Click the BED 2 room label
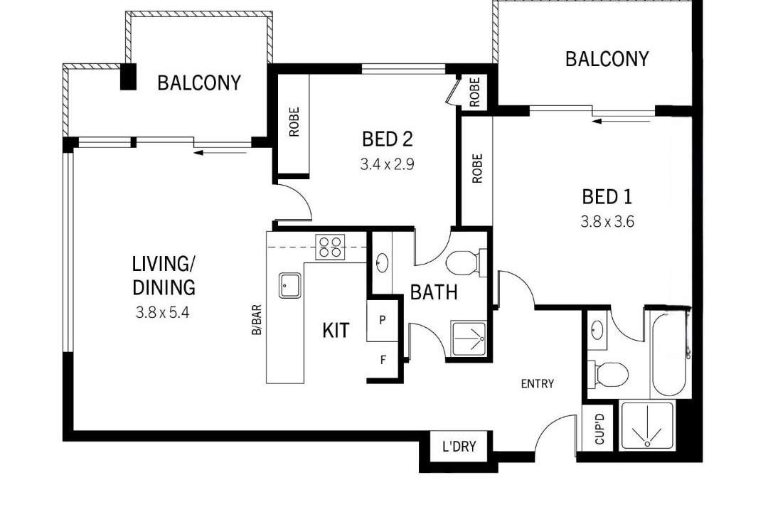388,139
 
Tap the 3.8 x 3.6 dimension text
607,222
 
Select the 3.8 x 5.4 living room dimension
162,313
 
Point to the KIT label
336,330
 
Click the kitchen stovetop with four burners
330,247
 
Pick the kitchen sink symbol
290,285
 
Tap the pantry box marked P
382,321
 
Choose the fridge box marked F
383,361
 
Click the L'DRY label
459,447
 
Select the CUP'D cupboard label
599,429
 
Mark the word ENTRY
538,383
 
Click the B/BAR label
256,321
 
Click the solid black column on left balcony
128,76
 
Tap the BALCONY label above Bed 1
607,59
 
